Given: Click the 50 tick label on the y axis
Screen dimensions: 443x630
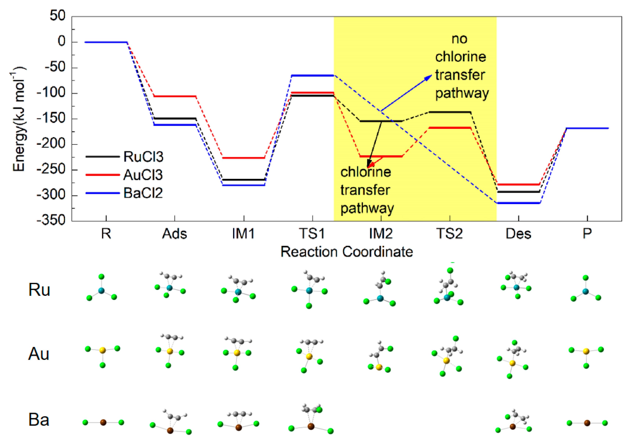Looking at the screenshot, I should click(58, 16).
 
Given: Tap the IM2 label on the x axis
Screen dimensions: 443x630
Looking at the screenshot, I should click(381, 234).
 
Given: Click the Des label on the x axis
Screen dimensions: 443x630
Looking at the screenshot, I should click(518, 234).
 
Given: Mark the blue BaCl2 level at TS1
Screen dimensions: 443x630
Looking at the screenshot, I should click(313, 75).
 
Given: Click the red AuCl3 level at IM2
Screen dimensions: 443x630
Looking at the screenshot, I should click(381, 156).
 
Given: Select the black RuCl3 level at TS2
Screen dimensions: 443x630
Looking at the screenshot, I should click(450, 112).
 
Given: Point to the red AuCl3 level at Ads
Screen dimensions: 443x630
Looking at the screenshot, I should click(175, 96).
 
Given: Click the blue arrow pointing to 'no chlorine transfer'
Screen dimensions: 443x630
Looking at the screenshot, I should click(406, 93).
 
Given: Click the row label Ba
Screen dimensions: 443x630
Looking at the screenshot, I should click(39, 420).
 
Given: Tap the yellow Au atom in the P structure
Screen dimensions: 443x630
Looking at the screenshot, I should click(586, 351).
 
